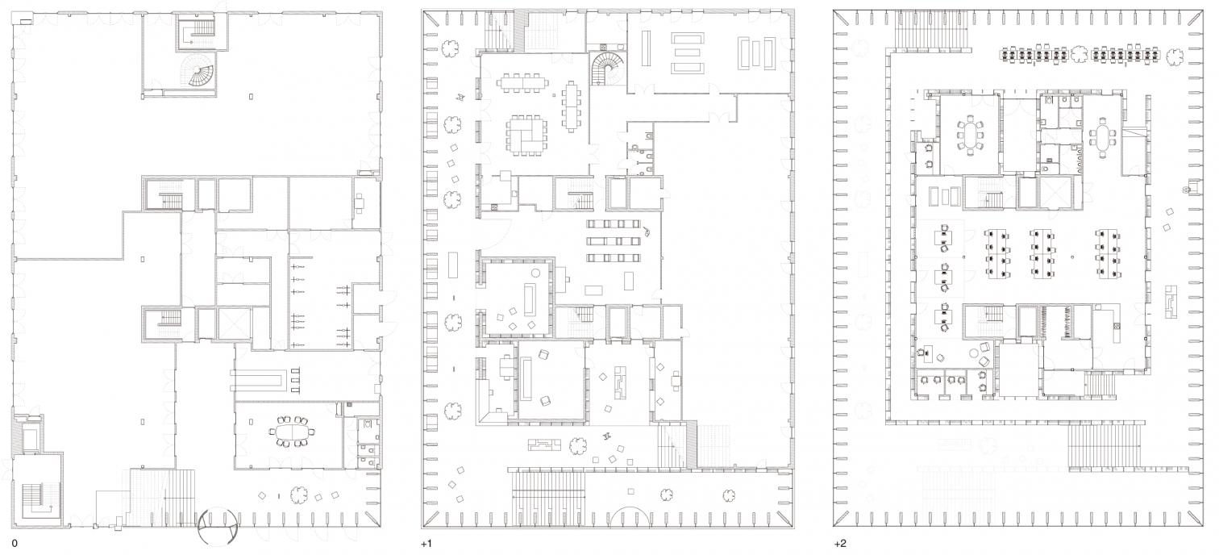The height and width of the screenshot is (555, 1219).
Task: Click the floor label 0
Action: [x=14, y=544]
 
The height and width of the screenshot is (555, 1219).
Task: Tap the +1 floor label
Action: [x=426, y=544]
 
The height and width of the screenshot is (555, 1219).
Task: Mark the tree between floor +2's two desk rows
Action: [x=1080, y=55]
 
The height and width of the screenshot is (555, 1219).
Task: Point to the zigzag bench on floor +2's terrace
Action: [x=1171, y=300]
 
